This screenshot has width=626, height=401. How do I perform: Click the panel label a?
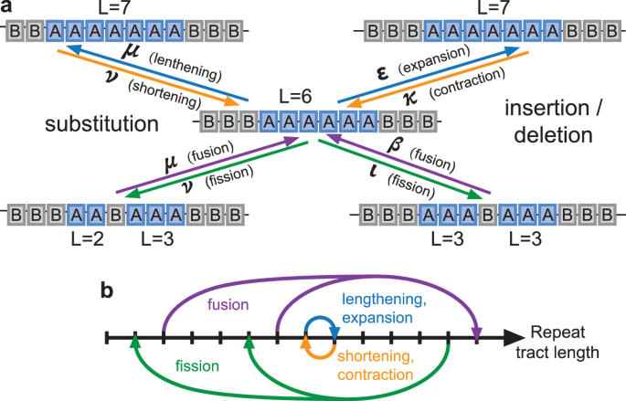pos(8,7)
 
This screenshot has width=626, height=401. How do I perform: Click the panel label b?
pos(107,291)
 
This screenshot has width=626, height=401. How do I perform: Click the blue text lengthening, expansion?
pos(383,309)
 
